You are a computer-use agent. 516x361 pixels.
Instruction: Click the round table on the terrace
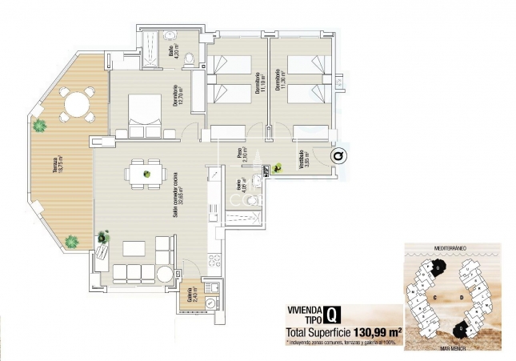74,104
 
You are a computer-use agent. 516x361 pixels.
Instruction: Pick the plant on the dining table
146,174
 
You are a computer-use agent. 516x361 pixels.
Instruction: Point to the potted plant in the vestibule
276,168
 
